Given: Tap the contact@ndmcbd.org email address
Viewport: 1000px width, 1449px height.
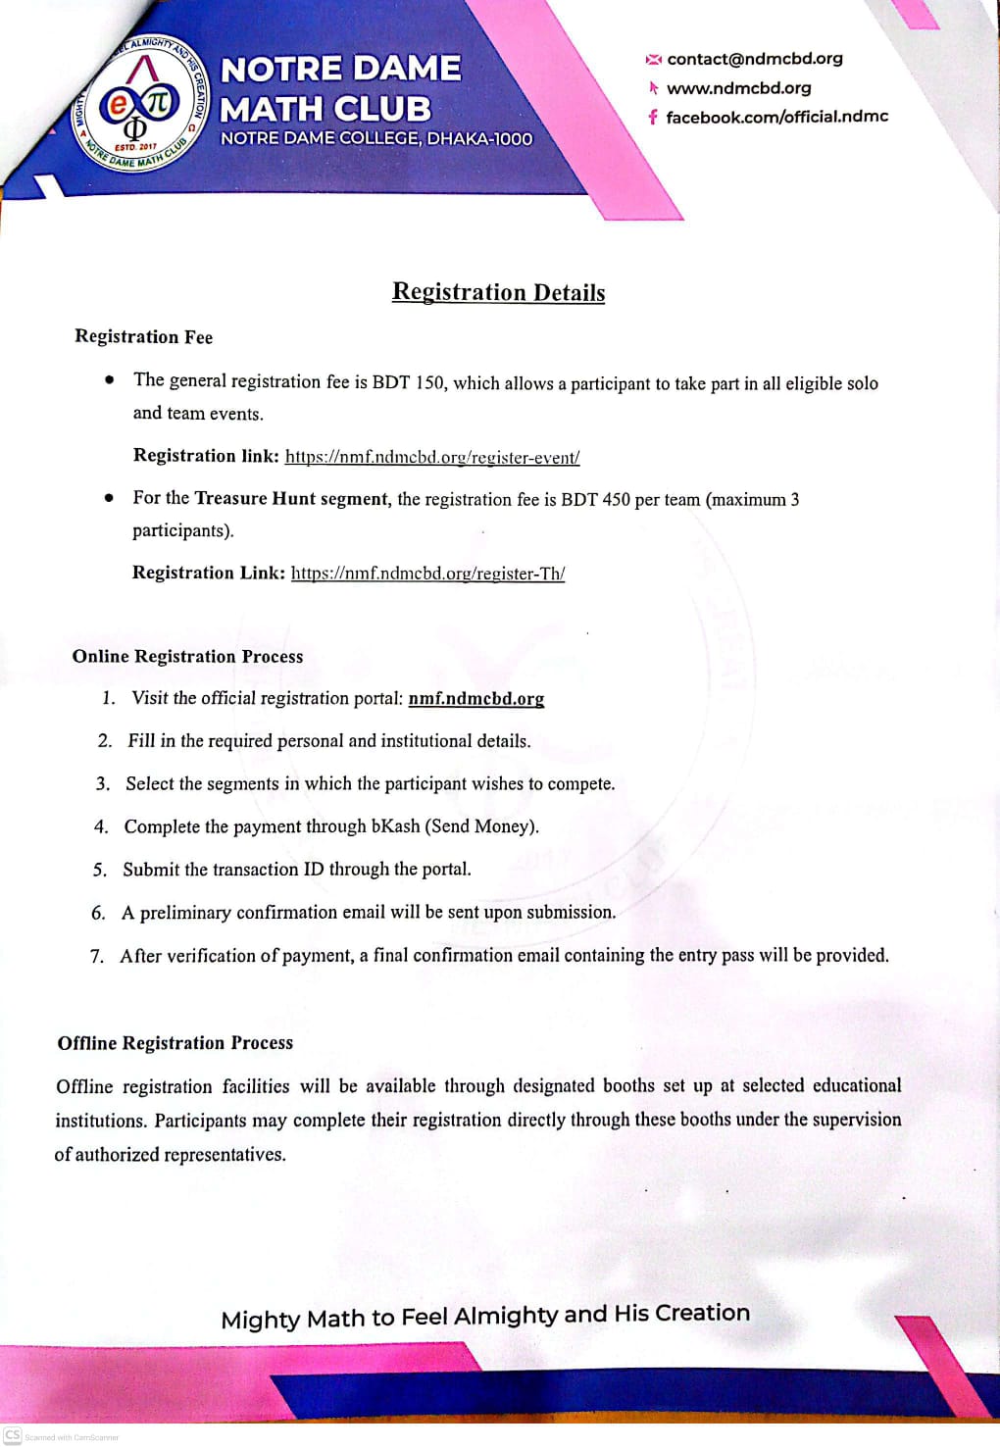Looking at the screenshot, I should point(754,59).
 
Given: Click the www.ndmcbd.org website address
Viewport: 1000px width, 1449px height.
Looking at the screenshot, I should point(738,88).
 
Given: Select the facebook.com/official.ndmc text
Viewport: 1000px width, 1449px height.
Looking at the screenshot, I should point(776,117).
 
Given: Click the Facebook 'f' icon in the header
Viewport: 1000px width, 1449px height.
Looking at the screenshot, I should point(652,117).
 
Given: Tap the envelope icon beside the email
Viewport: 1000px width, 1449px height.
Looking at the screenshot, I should point(653,60).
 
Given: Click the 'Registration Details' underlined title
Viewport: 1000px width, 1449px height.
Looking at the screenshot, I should point(498,292).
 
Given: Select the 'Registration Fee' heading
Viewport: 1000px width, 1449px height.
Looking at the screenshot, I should point(143,337).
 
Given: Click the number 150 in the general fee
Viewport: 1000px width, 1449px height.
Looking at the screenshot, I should point(429,382).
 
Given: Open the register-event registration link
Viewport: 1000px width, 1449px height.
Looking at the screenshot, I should point(432,457).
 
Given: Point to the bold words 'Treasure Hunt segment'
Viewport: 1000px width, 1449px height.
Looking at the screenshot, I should point(291,499).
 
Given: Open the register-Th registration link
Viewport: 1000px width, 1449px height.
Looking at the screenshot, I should point(427,574).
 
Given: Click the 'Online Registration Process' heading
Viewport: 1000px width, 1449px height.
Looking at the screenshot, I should point(187,657).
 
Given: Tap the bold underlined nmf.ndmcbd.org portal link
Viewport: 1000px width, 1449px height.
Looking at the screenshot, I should point(475,699).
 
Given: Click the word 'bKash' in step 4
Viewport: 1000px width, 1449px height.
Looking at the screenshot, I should point(395,826).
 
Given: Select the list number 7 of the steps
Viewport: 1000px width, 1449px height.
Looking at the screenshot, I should point(96,956).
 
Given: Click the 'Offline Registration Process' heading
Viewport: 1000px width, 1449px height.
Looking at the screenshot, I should point(175,1043).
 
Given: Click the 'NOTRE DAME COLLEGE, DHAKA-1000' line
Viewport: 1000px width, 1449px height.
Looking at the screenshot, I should point(376,139).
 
